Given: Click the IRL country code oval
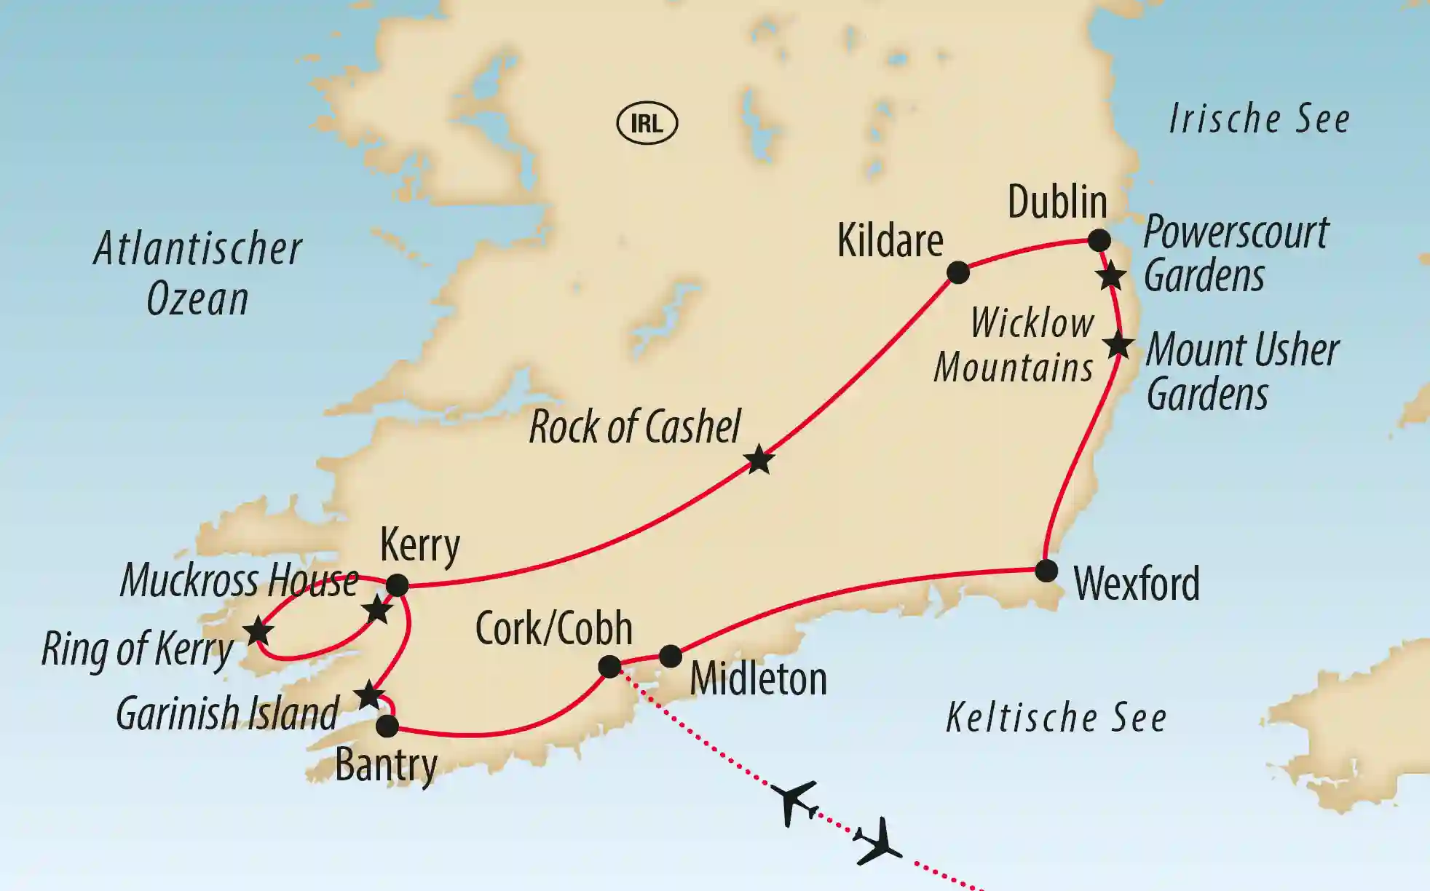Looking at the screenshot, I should [x=647, y=123].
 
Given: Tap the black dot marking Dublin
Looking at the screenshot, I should [x=1099, y=240].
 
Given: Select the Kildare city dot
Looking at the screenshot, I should [x=958, y=273].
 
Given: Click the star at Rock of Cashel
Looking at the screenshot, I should [x=759, y=460].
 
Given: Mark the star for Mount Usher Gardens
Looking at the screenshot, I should [x=1118, y=344].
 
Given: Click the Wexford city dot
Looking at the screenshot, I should [x=1046, y=571].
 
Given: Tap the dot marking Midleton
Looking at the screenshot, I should [x=671, y=656].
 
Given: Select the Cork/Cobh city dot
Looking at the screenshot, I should [x=609, y=667].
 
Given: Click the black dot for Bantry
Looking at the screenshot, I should [x=387, y=726].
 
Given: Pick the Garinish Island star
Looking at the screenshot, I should [x=369, y=696].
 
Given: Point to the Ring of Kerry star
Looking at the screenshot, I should [x=258, y=631].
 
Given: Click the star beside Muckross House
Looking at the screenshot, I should [x=377, y=610].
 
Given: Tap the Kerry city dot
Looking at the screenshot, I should [x=397, y=585].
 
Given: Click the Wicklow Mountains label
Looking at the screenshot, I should [x=1014, y=345].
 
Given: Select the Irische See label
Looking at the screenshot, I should [x=1259, y=119].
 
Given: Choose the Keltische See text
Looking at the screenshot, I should [x=1056, y=718].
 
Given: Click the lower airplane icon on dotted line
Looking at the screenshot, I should [x=880, y=841].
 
